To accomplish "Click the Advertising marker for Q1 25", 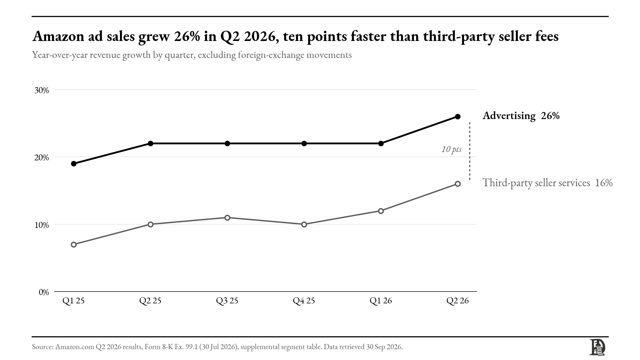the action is click(74, 164).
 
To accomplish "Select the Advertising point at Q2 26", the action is click(458, 116).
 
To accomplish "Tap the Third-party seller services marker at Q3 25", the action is click(227, 218).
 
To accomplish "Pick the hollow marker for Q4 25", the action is click(304, 224).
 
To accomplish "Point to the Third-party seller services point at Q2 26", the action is click(458, 184).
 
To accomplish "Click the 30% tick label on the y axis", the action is click(42, 90).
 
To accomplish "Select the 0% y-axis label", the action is click(44, 292).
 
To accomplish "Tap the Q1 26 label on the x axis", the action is click(381, 301).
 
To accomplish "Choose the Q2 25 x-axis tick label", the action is click(150, 301).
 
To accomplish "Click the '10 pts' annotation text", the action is click(452, 149).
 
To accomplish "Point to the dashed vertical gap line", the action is click(470, 151).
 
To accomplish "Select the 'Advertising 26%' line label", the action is click(521, 116).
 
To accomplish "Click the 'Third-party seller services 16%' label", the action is click(548, 183).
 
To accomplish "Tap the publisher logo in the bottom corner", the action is click(597, 347).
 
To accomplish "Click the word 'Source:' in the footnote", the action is click(43, 347).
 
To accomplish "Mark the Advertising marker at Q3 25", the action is click(227, 143).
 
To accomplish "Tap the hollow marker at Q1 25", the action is click(74, 244).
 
